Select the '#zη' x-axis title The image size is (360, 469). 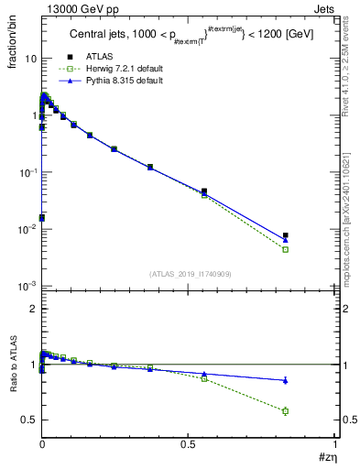tap(327, 457)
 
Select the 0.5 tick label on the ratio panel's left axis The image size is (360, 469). tap(29, 420)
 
